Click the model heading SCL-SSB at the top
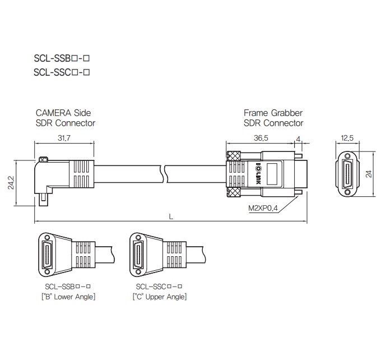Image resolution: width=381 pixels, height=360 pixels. click(62, 58)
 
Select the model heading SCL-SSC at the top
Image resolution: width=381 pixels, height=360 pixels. click(62, 72)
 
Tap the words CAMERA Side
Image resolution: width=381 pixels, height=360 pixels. click(63, 113)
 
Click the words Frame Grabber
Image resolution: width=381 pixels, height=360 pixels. click(273, 113)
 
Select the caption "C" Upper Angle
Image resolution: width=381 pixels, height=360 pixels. click(160, 297)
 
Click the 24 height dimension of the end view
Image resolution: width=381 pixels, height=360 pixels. click(369, 174)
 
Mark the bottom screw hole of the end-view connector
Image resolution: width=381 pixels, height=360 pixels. click(349, 192)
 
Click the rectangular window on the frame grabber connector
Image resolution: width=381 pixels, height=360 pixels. click(274, 173)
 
